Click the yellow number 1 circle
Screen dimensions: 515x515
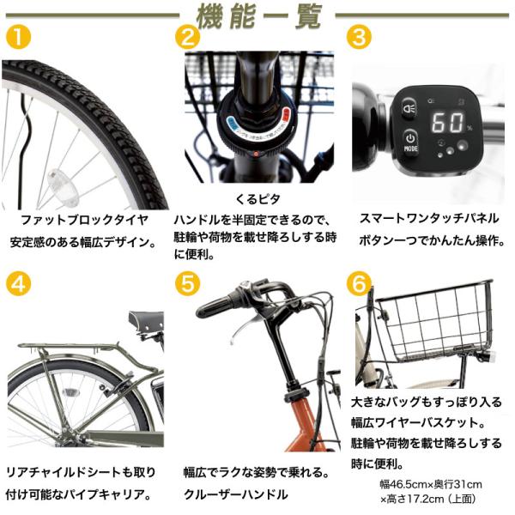tap(18, 37)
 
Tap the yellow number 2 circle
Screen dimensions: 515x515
tap(187, 37)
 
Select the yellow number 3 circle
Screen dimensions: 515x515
tap(360, 37)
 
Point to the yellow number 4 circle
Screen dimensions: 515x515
tap(18, 283)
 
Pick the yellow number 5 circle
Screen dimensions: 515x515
tap(187, 283)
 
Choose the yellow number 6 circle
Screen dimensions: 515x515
tap(360, 283)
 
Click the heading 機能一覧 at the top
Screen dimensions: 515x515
tap(258, 15)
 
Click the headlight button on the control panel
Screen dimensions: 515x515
tap(409, 107)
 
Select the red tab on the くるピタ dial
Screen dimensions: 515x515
tap(287, 116)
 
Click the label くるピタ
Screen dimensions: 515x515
tap(257, 199)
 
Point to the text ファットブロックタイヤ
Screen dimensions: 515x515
tap(84, 220)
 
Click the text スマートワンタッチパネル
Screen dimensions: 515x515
tap(429, 218)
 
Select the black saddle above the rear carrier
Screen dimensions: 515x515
tap(147, 320)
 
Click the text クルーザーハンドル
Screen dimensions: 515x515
tap(235, 494)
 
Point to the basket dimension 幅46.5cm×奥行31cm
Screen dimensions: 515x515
tap(431, 484)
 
